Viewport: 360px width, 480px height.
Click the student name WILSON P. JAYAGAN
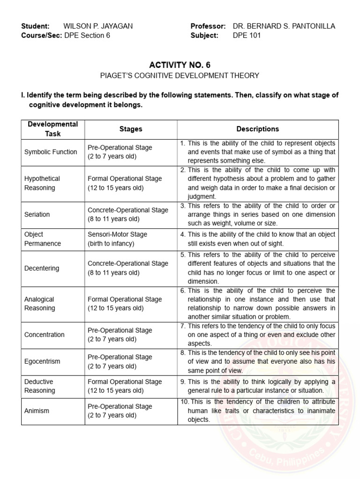pos(98,26)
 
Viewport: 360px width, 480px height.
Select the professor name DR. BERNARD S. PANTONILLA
pos(284,26)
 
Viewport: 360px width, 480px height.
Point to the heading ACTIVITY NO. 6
pos(180,65)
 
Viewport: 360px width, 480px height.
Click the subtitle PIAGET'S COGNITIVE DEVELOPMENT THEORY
pos(180,75)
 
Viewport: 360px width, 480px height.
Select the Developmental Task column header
pos(53,129)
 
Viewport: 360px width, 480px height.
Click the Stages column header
pos(131,129)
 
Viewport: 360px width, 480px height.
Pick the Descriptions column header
pos(257,129)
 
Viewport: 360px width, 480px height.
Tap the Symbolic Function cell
pos(51,152)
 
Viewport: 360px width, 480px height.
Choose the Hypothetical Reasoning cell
pos(42,183)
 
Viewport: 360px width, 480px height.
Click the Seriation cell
pos(37,214)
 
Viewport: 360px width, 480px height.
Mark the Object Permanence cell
pos(43,239)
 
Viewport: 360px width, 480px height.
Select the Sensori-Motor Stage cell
pos(117,239)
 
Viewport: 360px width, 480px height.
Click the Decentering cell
pos(42,268)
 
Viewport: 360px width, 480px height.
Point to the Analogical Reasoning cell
pos(40,304)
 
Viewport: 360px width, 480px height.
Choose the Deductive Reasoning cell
pos(40,386)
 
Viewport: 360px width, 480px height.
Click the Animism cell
pos(37,411)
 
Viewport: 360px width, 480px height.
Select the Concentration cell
pos(45,335)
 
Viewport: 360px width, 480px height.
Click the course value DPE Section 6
pos(87,35)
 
